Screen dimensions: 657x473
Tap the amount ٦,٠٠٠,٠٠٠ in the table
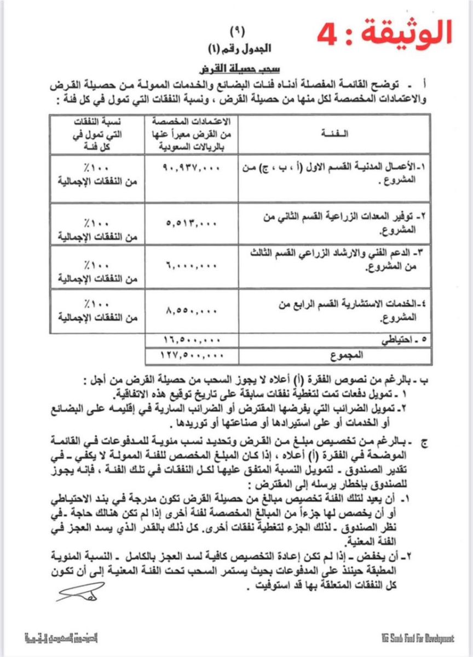click(191, 264)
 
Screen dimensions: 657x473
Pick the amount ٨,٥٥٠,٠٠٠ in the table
click(191, 310)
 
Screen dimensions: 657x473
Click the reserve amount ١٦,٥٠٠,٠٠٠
click(191, 339)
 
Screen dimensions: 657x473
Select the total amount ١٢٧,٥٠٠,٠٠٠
click(191, 354)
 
